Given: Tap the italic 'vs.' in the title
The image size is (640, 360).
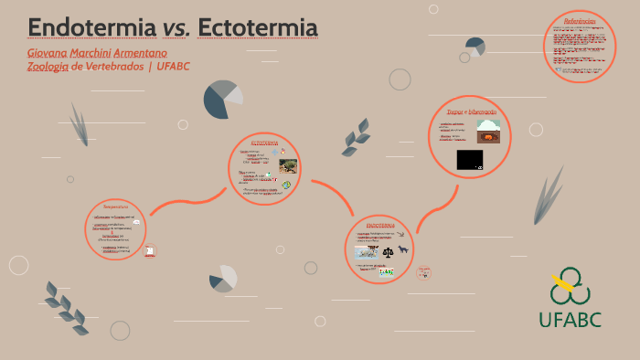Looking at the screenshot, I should click(x=176, y=29).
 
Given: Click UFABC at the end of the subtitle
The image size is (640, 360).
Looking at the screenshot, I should click(x=173, y=66).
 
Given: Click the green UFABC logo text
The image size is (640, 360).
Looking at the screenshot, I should click(x=570, y=319).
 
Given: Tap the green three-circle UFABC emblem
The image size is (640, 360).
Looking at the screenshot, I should click(x=570, y=286).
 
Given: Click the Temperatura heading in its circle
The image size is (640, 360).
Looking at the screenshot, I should click(x=115, y=206).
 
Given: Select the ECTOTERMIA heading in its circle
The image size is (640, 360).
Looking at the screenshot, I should click(x=264, y=143).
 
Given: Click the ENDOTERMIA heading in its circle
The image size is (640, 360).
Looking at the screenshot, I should click(x=380, y=225).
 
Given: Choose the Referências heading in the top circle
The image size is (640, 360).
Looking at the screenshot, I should click(x=580, y=21).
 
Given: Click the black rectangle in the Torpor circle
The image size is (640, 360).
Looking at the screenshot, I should click(x=469, y=160).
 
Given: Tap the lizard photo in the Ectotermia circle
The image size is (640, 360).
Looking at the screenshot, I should click(x=288, y=166).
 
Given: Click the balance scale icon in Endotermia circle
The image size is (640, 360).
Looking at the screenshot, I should click(x=388, y=252).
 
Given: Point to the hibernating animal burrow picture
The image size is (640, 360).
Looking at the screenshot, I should click(x=488, y=132).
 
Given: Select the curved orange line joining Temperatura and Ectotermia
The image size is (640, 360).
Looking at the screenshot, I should click(x=187, y=201).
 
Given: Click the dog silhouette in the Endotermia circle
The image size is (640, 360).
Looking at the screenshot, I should click(x=401, y=251).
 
